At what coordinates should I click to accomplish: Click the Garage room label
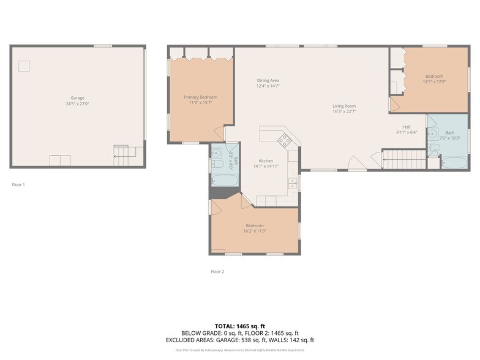pos(77,98)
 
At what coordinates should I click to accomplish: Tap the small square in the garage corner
pos(24,66)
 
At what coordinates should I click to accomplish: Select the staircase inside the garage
pos(125,156)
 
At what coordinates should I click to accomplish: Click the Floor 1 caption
pos(18,184)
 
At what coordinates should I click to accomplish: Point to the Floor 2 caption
pos(217,271)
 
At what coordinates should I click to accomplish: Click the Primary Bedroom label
pos(201,97)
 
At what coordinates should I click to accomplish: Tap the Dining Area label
pos(268,81)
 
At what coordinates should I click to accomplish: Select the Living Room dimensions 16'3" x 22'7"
pos(343,111)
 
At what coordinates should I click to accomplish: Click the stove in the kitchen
pos(285,141)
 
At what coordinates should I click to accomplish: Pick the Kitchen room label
pos(266,161)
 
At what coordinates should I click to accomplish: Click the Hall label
pos(407,127)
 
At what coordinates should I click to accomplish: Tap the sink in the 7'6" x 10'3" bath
pos(433,133)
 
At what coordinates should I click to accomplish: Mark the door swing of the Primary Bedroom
pos(219,132)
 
